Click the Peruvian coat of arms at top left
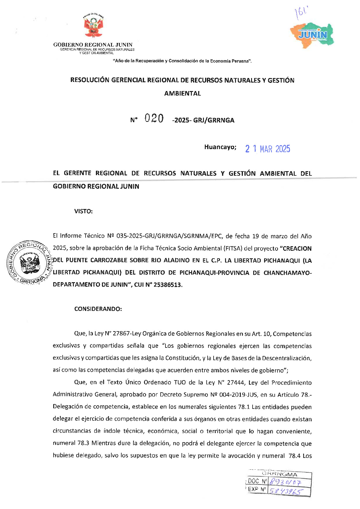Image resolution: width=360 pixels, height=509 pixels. click(93, 26)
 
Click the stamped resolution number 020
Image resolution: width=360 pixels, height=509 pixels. click(154, 118)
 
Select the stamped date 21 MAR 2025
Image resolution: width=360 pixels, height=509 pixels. click(267, 149)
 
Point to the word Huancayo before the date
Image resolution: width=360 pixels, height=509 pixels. click(220, 147)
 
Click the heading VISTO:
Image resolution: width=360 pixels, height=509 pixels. click(83, 211)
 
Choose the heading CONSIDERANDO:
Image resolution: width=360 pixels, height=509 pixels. click(98, 309)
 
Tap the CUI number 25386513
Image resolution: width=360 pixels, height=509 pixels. click(167, 285)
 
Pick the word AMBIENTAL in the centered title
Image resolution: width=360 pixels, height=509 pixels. click(182, 93)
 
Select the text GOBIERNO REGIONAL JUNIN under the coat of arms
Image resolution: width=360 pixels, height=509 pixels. click(93, 45)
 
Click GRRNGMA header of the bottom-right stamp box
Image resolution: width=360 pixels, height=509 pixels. click(279, 474)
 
